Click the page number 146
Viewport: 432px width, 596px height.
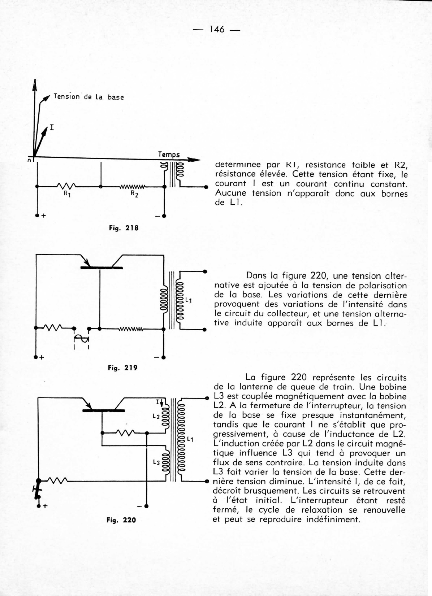click(x=217, y=29)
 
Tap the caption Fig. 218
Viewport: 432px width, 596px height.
click(x=124, y=228)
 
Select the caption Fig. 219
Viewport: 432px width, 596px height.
click(x=123, y=368)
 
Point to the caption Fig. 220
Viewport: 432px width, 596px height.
click(x=121, y=520)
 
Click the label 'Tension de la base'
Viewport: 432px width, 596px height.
click(x=88, y=97)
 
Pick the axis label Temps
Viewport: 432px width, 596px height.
click(x=169, y=155)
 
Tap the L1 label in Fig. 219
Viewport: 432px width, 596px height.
click(x=188, y=300)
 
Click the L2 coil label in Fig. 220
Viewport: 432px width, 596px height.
click(x=156, y=416)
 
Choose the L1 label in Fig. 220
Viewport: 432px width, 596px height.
click(x=190, y=439)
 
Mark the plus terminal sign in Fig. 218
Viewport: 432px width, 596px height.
click(x=44, y=216)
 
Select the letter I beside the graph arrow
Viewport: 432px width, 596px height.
click(x=52, y=127)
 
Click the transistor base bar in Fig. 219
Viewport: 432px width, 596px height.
click(x=101, y=268)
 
